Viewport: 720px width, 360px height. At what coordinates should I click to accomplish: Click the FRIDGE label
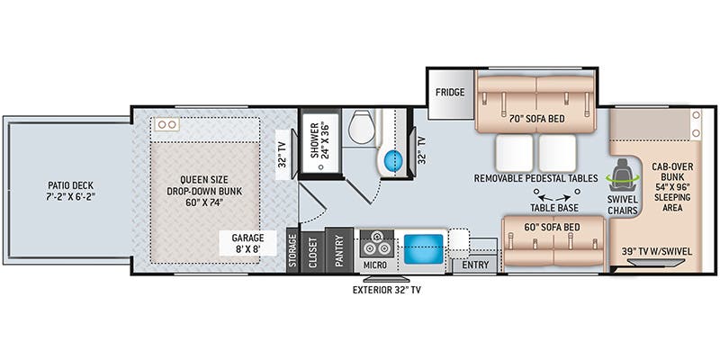450,93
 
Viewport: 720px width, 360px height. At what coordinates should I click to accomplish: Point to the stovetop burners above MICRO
374,243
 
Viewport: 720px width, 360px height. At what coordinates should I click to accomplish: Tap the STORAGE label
292,249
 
